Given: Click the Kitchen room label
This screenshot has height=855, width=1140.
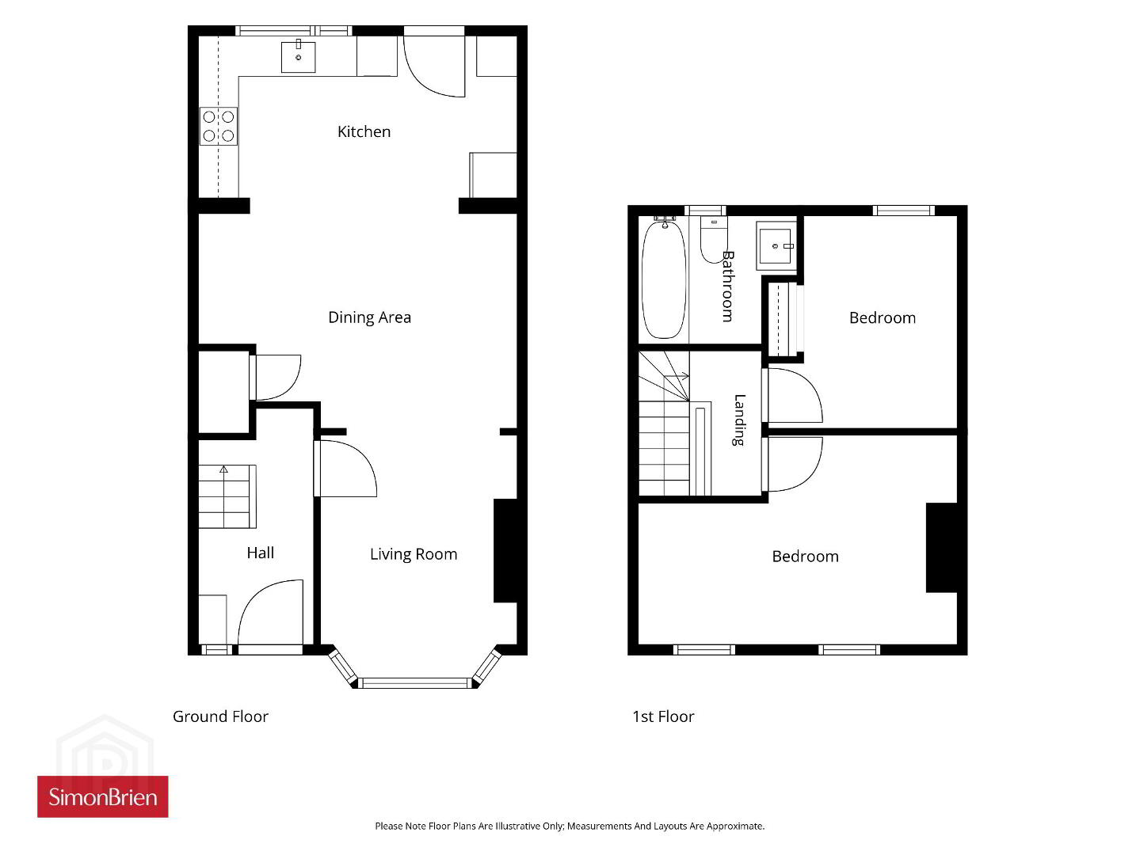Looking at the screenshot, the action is click(364, 131).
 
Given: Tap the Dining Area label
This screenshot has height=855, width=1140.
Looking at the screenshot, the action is click(369, 317).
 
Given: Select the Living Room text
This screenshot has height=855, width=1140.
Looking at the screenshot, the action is click(414, 554).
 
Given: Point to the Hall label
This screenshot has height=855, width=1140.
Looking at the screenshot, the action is click(260, 553).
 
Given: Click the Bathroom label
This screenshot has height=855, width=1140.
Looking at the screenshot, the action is click(728, 287).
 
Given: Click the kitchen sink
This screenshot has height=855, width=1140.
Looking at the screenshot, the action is click(298, 56).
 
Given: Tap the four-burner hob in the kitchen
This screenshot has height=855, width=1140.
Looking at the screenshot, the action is click(219, 126).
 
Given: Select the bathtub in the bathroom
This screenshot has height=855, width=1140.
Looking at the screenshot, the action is click(664, 279).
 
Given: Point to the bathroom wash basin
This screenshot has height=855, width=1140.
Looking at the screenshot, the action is click(776, 246).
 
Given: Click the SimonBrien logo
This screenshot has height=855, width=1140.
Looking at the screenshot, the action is click(103, 796).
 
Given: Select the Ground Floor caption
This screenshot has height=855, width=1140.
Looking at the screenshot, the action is click(220, 716).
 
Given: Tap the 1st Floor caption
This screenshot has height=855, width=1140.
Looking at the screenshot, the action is click(663, 716).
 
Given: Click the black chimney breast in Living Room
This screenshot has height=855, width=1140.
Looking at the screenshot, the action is click(505, 550).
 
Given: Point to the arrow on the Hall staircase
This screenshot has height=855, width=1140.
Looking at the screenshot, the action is click(223, 469).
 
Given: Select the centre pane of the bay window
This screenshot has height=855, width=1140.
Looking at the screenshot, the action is click(415, 682).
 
